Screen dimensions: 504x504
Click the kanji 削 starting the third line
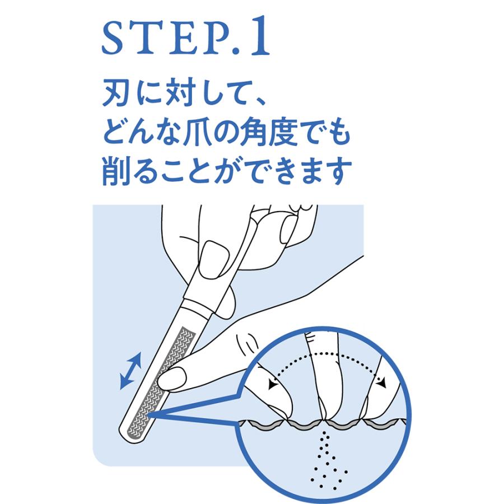click(x=116, y=172)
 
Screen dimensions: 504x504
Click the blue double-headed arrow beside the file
click(x=130, y=370)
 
